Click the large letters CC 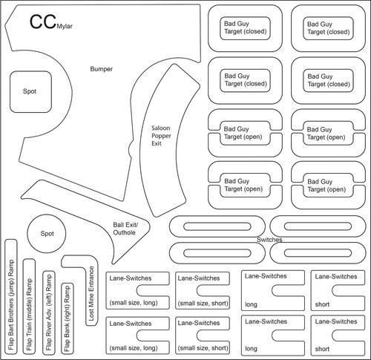[x=43, y=22]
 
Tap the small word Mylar [x=65, y=26]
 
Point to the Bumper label [x=101, y=69]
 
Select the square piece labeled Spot [x=30, y=92]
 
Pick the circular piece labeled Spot [x=47, y=234]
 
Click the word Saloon [x=161, y=128]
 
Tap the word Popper [x=161, y=136]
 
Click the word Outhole [x=124, y=232]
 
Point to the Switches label [x=269, y=240]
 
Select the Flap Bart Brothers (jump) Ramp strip [x=11, y=296]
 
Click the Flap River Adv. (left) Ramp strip [x=49, y=312]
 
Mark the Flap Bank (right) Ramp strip [x=68, y=318]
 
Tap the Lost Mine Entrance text [x=91, y=293]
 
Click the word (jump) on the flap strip [x=11, y=287]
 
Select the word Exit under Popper [x=157, y=143]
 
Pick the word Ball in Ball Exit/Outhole [x=118, y=225]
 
